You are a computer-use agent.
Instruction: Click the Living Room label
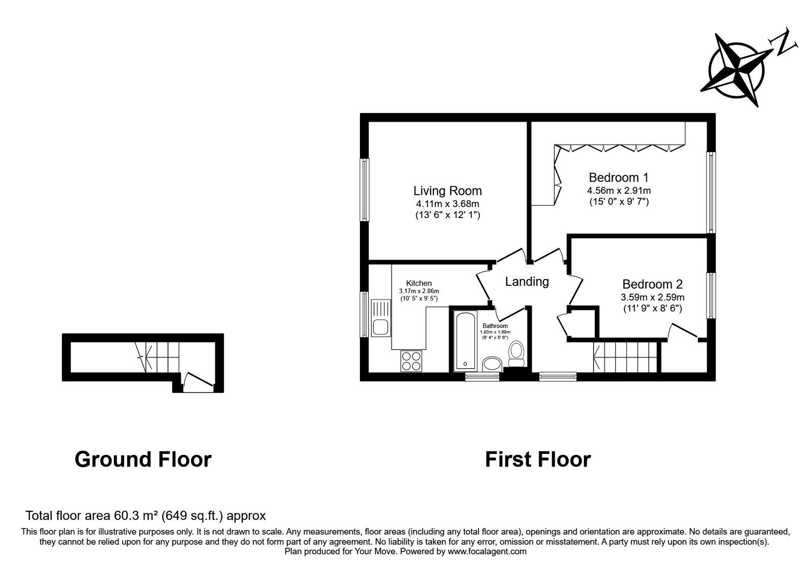pos(448,191)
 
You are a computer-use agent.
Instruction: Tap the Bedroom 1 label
pos(618,177)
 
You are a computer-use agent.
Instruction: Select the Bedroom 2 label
pos(652,284)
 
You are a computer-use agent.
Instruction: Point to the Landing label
pos(527,281)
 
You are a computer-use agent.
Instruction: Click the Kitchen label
pos(419,283)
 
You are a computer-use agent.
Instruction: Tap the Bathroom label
pos(495,326)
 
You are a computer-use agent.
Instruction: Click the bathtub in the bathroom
pos(465,341)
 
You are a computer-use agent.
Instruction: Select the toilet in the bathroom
pos(516,354)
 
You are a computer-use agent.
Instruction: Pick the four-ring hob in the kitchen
pos(411,361)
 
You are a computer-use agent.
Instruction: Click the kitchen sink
pos(381,318)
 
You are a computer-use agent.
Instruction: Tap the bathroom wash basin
pos(492,364)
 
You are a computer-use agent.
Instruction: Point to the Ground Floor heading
pos(143,459)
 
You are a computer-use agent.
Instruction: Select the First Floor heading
pos(538,459)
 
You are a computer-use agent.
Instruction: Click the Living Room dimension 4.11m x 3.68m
pos(448,203)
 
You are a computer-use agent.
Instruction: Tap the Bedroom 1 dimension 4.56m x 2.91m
pos(619,190)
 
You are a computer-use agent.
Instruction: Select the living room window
pos(364,190)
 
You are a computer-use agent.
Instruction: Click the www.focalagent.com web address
pos(487,552)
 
